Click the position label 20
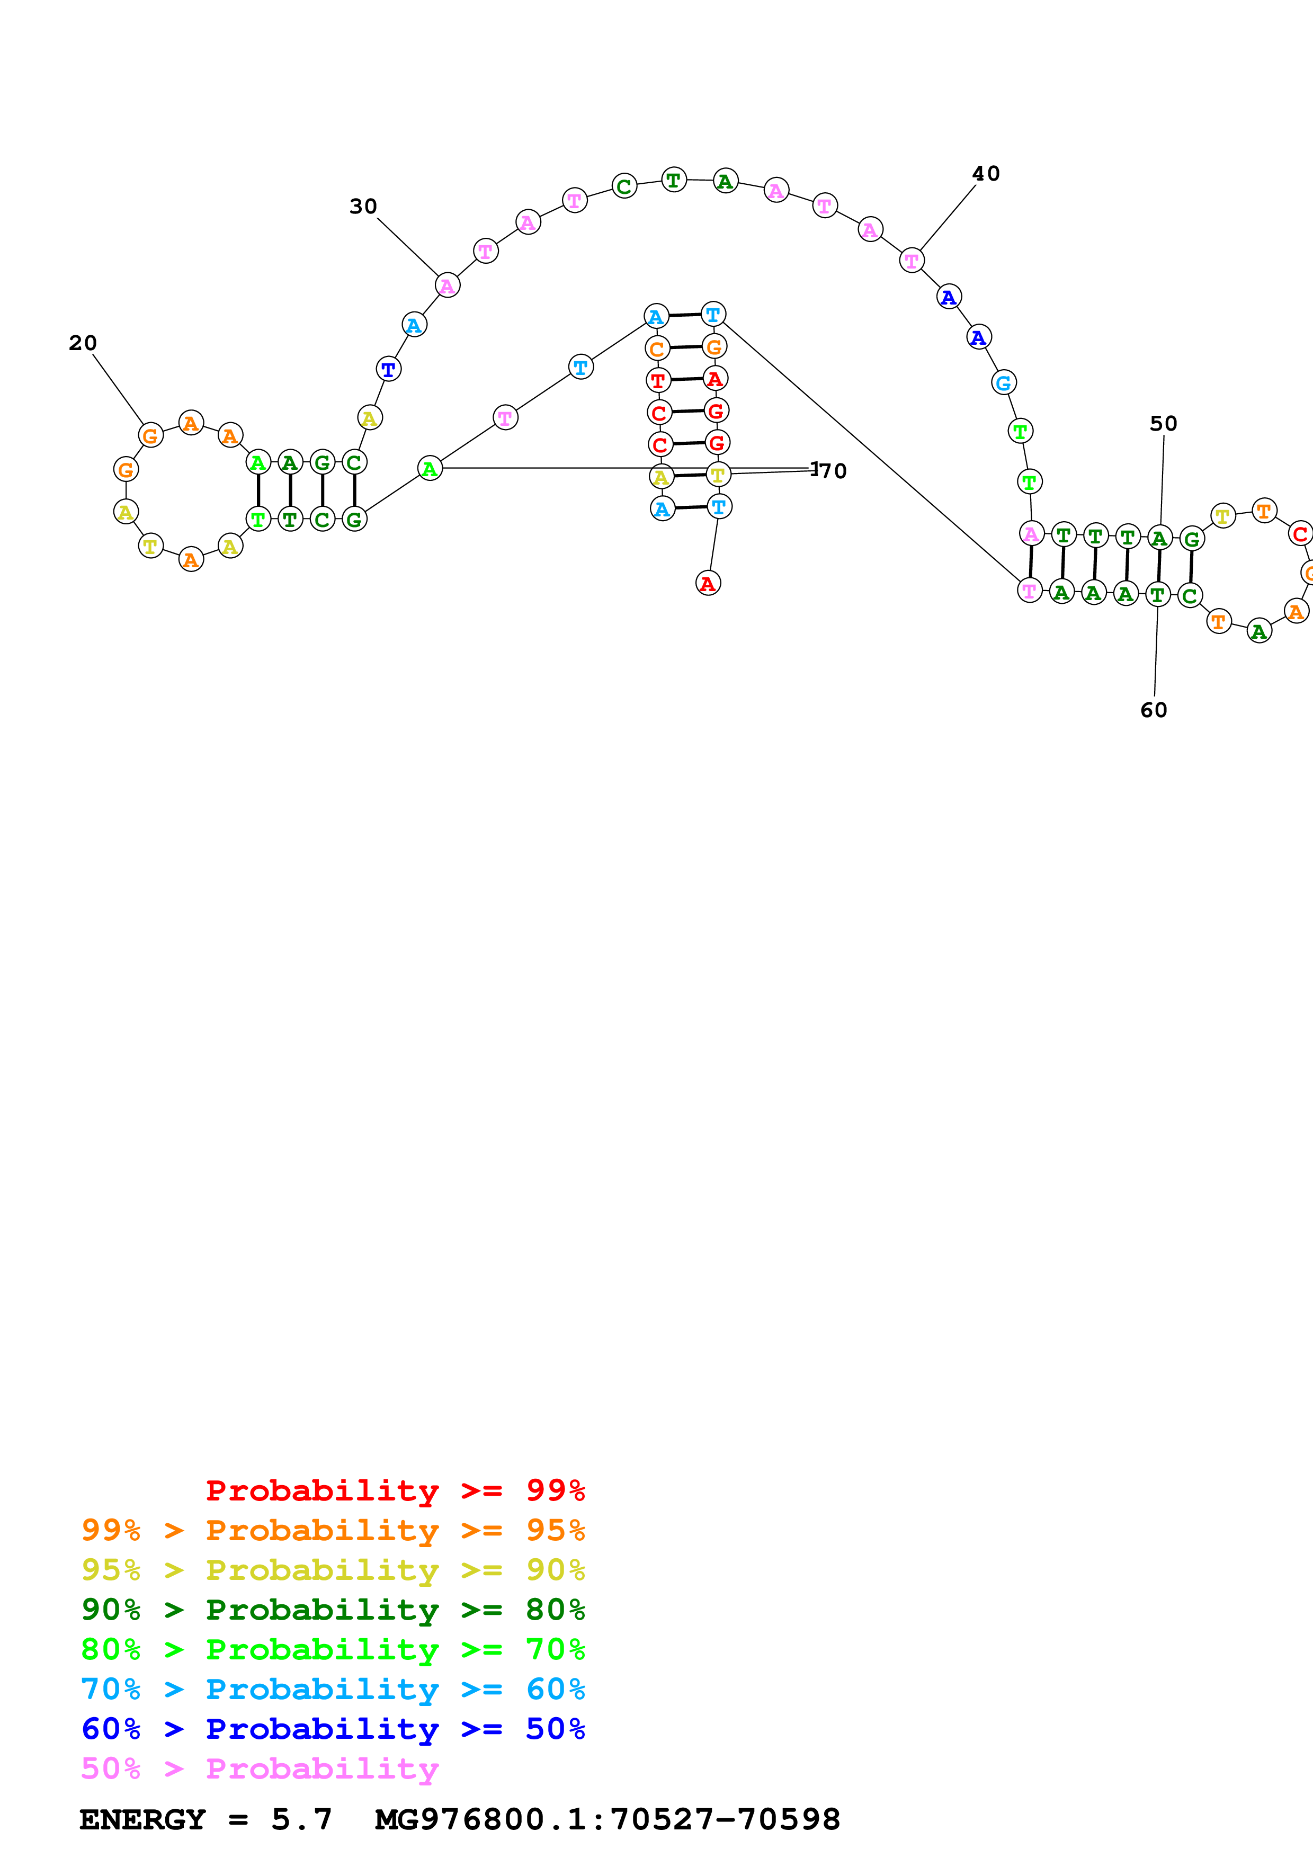pyautogui.click(x=83, y=343)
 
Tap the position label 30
pyautogui.click(x=363, y=207)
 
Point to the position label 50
pyautogui.click(x=1163, y=424)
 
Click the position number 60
pyautogui.click(x=1154, y=710)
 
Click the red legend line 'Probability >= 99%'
pyautogui.click(x=395, y=1490)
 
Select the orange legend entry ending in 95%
pyautogui.click(x=333, y=1530)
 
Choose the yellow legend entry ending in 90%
pyautogui.click(x=333, y=1570)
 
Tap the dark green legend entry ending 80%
pyautogui.click(x=333, y=1610)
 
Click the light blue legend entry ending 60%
pyautogui.click(x=333, y=1689)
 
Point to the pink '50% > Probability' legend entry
pyautogui.click(x=260, y=1768)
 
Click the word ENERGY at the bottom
pyautogui.click(x=142, y=1819)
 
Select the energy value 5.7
pyautogui.click(x=301, y=1819)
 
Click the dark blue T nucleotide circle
pyautogui.click(x=388, y=369)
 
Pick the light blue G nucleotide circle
pyautogui.click(x=1003, y=383)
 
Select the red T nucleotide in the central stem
pyautogui.click(x=658, y=380)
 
